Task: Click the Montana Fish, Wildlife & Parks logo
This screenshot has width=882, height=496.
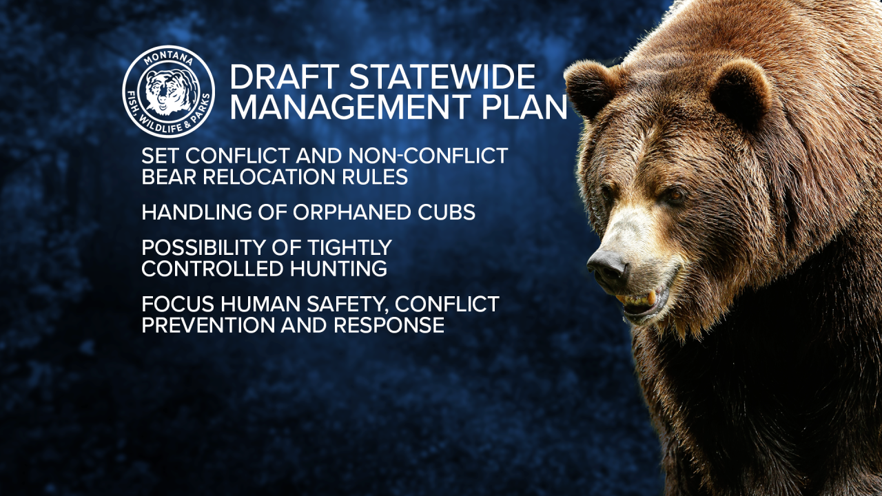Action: point(168,92)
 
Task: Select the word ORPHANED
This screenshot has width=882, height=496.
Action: point(347,212)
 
